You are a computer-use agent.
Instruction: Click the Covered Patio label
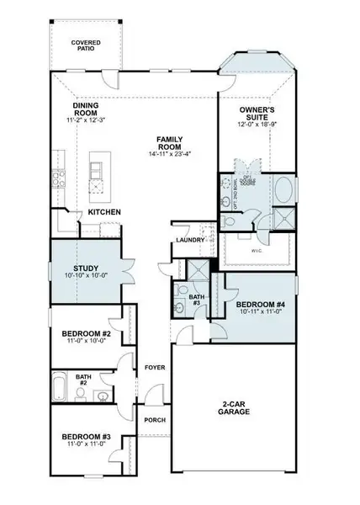click(x=87, y=45)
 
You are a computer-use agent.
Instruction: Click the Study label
click(x=85, y=268)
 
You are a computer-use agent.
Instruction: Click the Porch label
click(x=154, y=420)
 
